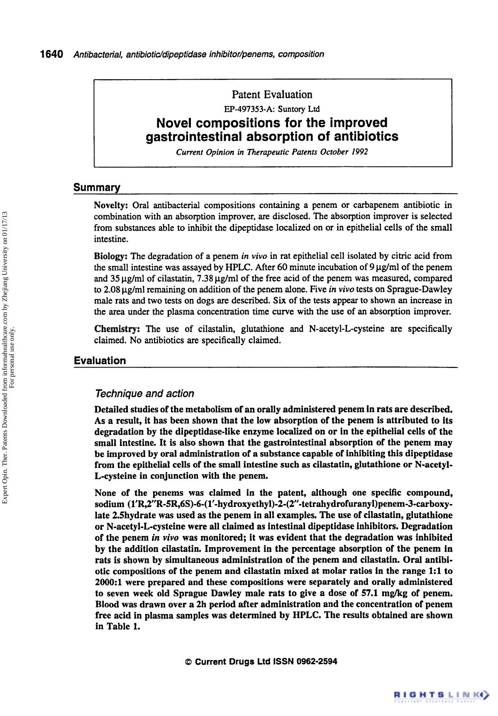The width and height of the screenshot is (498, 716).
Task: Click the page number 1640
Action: point(51,54)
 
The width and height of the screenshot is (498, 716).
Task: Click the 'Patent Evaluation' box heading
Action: point(272,95)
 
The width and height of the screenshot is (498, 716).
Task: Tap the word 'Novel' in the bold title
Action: point(174,123)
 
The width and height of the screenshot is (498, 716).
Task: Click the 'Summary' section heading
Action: point(97,188)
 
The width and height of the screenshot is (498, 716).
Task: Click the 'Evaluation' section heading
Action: point(100,360)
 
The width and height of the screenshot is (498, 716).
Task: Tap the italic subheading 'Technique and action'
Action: point(144,393)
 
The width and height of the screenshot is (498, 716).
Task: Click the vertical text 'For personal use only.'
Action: point(12,357)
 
